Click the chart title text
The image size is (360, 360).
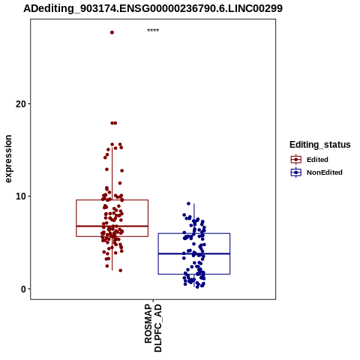tap(153, 8)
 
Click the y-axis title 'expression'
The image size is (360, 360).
tap(8, 159)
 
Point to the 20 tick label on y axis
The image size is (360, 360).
tap(21, 103)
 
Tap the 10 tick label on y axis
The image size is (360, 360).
tap(21, 196)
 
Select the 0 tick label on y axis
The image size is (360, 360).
tap(23, 289)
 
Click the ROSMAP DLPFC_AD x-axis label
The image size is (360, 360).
tap(153, 328)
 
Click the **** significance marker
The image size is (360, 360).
tap(153, 31)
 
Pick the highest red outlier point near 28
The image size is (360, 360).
tap(112, 32)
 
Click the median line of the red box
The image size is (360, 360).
tap(112, 226)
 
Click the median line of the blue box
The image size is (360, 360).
tap(194, 253)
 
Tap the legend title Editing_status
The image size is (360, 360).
tap(320, 145)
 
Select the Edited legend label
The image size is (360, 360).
tap(317, 160)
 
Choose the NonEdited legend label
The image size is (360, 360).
tap(325, 172)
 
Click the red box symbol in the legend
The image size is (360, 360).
tap(296, 159)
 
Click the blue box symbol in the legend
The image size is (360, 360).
tap(296, 172)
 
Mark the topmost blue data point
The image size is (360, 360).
tap(188, 203)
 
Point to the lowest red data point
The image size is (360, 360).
tap(121, 271)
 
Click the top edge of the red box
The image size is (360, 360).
tap(112, 199)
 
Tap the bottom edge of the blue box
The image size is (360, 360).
tap(194, 274)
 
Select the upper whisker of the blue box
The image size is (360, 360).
tap(194, 218)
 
